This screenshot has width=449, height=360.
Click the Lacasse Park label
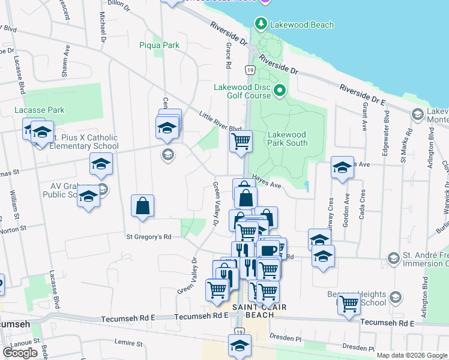(x=40, y=110)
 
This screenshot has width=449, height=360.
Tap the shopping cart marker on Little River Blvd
(x=241, y=142)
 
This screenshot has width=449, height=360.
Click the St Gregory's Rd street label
(x=148, y=237)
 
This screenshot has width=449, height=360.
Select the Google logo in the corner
(x=20, y=353)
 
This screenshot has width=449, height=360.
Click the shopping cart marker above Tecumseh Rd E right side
(x=348, y=303)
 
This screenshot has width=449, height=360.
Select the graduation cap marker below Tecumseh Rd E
(x=240, y=346)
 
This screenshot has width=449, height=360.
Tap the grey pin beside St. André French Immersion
(x=394, y=259)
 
